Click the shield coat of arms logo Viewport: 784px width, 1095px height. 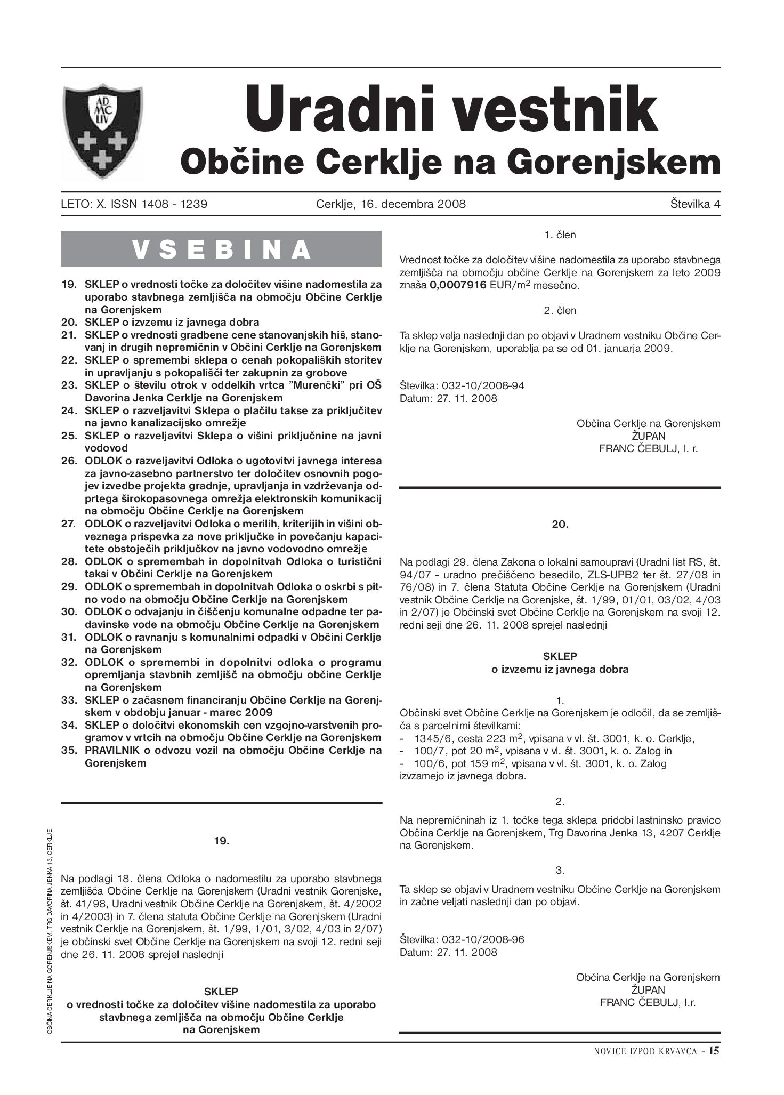tap(102, 131)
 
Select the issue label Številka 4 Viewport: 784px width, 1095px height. tap(696, 204)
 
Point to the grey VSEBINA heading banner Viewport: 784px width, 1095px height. tap(221, 249)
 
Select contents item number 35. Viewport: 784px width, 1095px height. tap(70, 750)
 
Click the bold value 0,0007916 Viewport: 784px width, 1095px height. tap(458, 285)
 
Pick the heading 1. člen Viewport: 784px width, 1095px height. tap(560, 235)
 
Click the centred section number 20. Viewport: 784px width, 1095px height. tap(560, 525)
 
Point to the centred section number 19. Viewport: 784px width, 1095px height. tap(221, 841)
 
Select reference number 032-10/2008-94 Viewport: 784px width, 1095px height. tap(483, 385)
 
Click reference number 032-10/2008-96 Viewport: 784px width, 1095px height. tap(483, 939)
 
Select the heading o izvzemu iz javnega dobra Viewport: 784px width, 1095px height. tap(560, 670)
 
